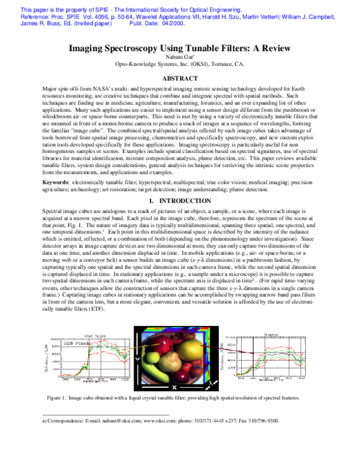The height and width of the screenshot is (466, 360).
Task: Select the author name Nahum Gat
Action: click(180, 57)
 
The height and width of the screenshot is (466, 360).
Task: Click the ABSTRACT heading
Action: click(180, 78)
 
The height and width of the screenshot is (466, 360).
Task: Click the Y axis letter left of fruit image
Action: click(137, 357)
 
